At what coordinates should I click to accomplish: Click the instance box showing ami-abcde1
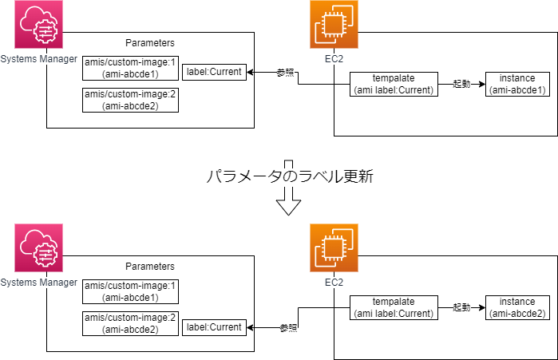coord(516,84)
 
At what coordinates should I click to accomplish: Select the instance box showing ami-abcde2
coord(516,307)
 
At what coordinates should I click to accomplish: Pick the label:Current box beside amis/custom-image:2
coord(215,327)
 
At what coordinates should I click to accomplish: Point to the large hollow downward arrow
coord(288,204)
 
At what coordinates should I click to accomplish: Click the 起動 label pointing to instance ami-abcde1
coord(461,84)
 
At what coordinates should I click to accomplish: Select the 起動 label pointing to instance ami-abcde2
coord(461,307)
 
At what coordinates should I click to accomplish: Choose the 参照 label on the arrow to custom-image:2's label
coord(288,327)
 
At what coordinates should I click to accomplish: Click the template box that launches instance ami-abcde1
coord(394,84)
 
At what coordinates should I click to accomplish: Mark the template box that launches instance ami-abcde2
coord(394,307)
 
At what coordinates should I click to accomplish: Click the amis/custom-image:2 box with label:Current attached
coord(131,322)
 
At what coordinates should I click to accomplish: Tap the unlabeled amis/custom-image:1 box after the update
coord(131,291)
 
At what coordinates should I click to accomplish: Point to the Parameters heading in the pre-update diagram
coord(150,42)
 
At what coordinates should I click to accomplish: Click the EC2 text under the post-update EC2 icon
coord(334,283)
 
